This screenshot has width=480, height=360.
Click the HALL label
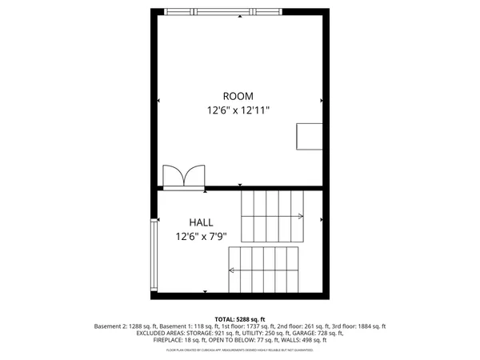tap(201, 222)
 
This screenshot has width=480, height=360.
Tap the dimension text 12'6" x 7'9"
tap(202, 236)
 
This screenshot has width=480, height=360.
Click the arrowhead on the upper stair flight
tap(300, 216)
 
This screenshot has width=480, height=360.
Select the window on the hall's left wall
tap(154, 257)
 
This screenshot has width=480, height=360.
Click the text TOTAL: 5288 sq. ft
tap(239, 318)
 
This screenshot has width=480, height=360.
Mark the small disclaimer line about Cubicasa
tap(239, 350)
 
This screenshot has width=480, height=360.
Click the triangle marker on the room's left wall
tap(159, 101)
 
